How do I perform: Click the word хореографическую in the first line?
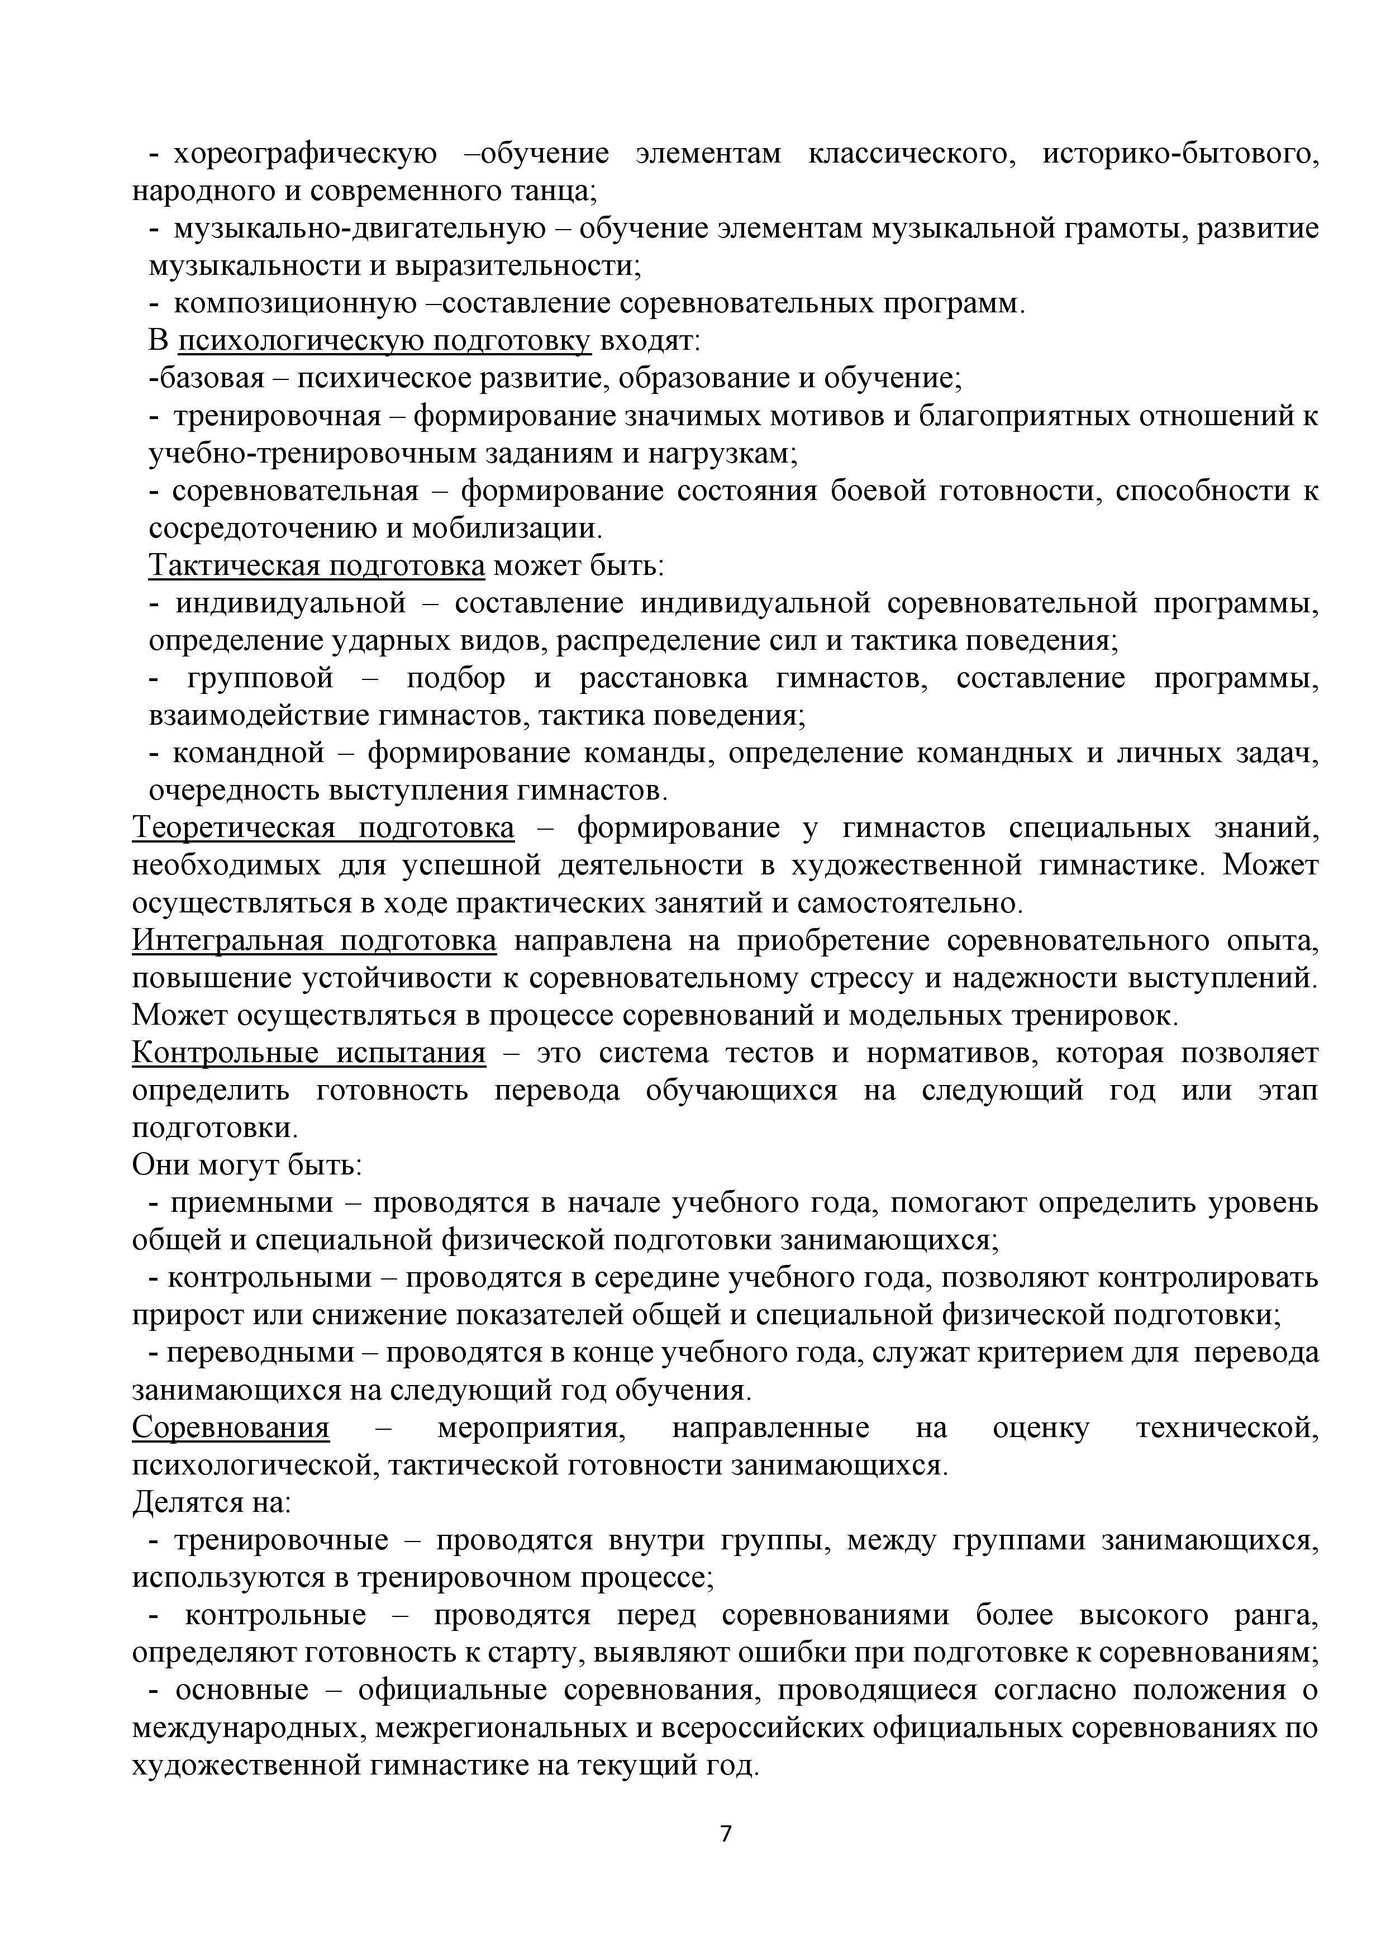[304, 155]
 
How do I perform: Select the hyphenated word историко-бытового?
[1180, 155]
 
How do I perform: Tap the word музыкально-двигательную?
[359, 229]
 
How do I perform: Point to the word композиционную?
[296, 304]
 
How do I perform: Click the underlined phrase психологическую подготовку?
[384, 341]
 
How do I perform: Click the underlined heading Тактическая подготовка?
[317, 566]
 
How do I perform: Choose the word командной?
[249, 754]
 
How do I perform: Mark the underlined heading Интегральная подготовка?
[314, 941]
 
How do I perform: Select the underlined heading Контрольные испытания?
[309, 1053]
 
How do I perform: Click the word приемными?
[252, 1203]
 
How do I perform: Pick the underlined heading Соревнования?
[230, 1429]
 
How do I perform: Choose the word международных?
[249, 1729]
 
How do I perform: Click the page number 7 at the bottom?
[726, 1834]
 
